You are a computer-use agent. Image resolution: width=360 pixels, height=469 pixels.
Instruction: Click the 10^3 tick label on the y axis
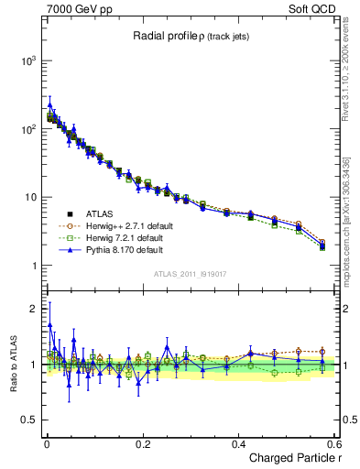tap(25, 60)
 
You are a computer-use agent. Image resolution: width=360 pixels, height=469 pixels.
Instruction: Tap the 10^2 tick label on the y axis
tap(25, 129)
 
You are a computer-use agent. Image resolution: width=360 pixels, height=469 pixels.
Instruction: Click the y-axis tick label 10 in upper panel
tap(27, 198)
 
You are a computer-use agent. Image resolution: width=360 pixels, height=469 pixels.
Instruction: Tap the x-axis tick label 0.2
tap(142, 442)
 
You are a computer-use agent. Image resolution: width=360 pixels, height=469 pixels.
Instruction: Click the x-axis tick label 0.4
tap(238, 442)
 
